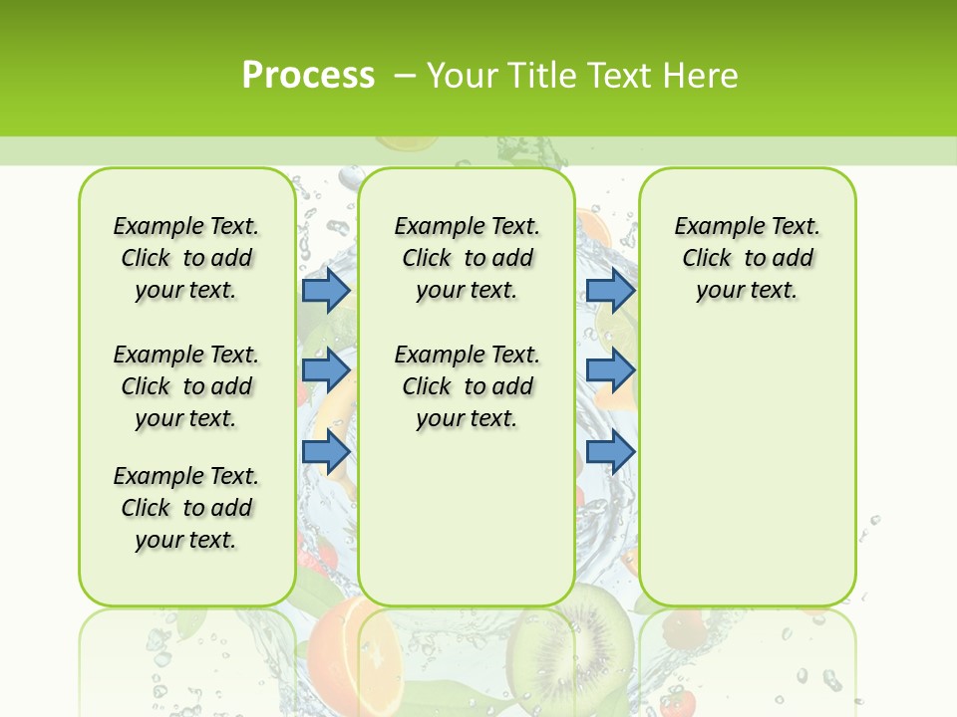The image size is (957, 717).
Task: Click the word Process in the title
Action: click(308, 75)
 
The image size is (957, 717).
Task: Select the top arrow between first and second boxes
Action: click(326, 290)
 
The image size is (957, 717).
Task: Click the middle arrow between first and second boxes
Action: click(326, 370)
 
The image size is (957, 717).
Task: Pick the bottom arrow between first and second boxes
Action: click(326, 452)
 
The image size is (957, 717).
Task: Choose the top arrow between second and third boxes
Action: click(610, 290)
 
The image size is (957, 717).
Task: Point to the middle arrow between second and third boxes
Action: click(610, 370)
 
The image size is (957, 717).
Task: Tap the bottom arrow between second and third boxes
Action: click(610, 452)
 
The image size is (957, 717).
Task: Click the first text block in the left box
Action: click(186, 258)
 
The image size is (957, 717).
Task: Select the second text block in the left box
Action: click(186, 386)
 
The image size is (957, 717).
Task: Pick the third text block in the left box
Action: click(186, 508)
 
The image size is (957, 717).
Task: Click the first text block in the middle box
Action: click(467, 258)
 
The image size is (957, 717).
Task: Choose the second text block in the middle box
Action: click(467, 386)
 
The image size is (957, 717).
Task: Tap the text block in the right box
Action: click(747, 258)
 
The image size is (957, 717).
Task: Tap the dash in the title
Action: click(404, 75)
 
